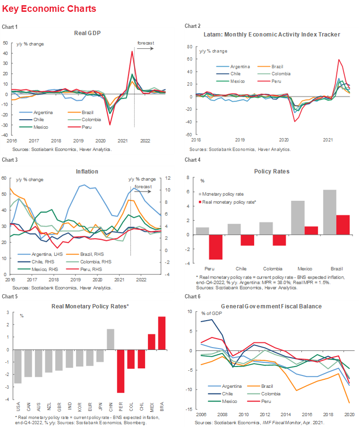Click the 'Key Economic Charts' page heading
click(49, 9)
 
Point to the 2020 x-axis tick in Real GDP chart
click(100, 140)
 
